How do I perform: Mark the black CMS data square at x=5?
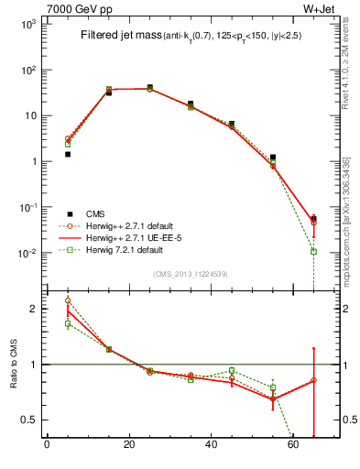pyautogui.click(x=68, y=155)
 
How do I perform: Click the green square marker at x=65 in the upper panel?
pyautogui.click(x=313, y=251)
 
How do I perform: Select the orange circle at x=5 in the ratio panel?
pyautogui.click(x=68, y=300)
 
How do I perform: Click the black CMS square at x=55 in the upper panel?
pyautogui.click(x=273, y=158)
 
